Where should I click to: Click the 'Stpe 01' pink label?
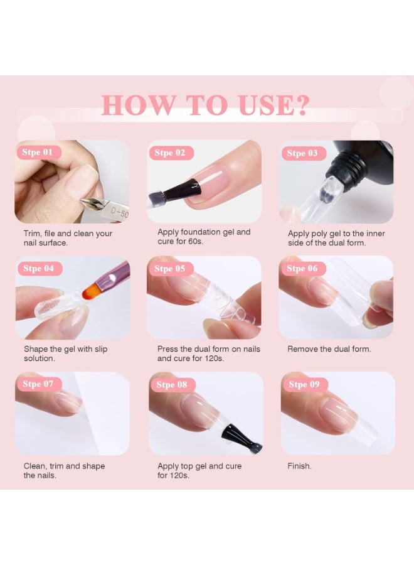(x=38, y=152)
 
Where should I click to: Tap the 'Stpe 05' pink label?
(x=170, y=269)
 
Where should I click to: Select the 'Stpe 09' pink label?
(x=305, y=384)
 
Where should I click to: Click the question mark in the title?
(x=301, y=105)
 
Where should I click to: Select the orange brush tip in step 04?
(x=92, y=291)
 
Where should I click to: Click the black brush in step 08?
(x=240, y=437)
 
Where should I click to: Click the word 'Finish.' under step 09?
(x=299, y=466)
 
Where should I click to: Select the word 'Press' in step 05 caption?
(x=167, y=349)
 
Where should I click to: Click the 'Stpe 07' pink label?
(x=38, y=384)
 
